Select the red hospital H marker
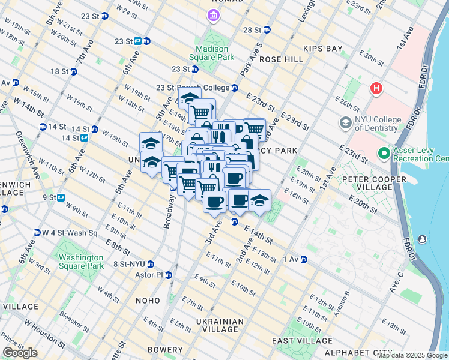pyautogui.click(x=376, y=89)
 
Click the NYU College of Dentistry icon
pyautogui.click(x=346, y=124)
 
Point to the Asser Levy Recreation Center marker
pyautogui.click(x=384, y=154)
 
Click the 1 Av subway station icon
pyautogui.click(x=304, y=259)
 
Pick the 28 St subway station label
pyautogui.click(x=252, y=29)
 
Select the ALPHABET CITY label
pyautogui.click(x=358, y=352)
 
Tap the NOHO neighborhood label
pyautogui.click(x=148, y=300)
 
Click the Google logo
pyautogui.click(x=20, y=353)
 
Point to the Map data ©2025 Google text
pyautogui.click(x=412, y=355)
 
